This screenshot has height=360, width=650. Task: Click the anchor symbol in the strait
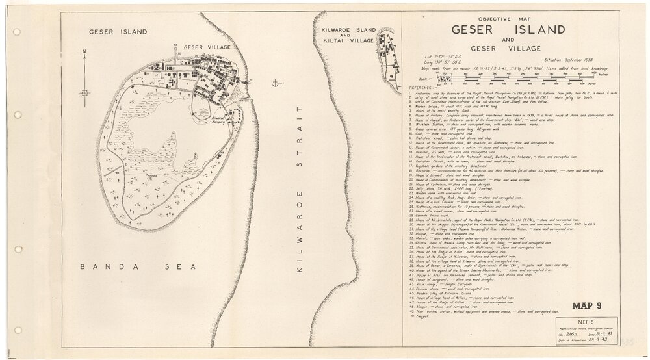pos(276,83)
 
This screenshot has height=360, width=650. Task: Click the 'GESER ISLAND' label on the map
pos(118,31)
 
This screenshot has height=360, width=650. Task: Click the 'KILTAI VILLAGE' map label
pos(345,40)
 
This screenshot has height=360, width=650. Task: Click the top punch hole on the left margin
pos(16,31)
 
